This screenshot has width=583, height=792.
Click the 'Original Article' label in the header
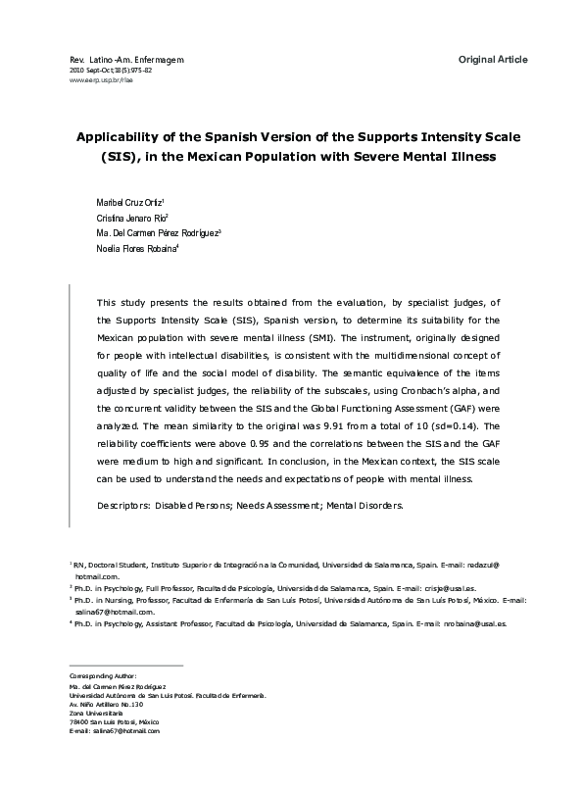click(x=493, y=60)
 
